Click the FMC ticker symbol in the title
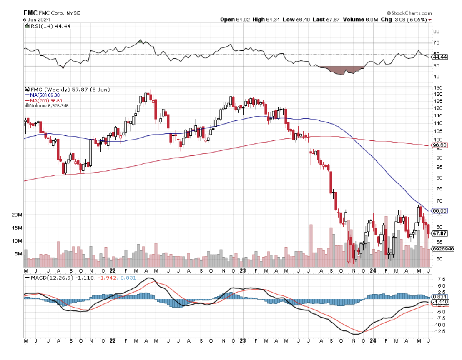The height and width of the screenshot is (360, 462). (x=30, y=13)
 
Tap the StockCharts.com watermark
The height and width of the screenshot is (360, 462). (x=409, y=13)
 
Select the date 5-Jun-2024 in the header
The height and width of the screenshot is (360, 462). (x=37, y=20)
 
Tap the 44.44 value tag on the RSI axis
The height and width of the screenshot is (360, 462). (x=440, y=57)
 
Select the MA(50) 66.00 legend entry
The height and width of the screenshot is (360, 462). (x=43, y=95)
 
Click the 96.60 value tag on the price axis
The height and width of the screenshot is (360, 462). (x=440, y=145)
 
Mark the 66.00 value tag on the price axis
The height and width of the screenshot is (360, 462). (x=440, y=211)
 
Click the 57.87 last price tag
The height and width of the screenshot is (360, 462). (x=440, y=234)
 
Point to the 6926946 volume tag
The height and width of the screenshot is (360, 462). (x=442, y=249)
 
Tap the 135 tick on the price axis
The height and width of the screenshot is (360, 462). (x=437, y=88)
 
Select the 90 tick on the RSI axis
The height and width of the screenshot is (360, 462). (x=436, y=32)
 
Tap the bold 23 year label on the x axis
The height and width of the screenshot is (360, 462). (x=243, y=341)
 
